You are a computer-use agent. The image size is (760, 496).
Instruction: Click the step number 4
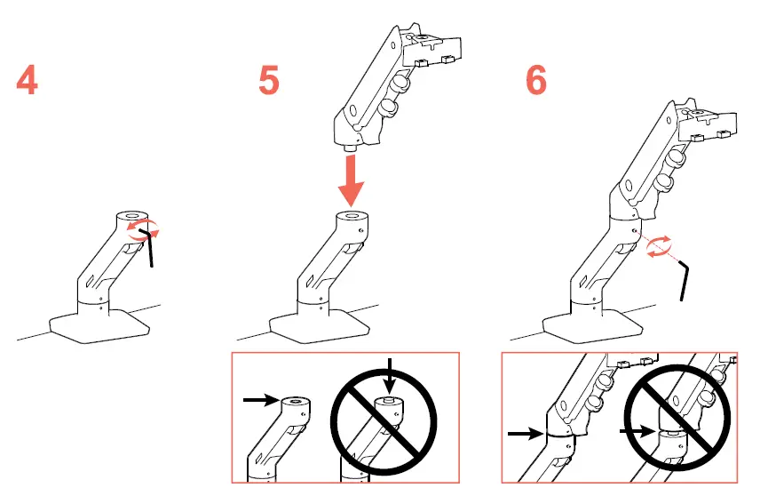click(28, 81)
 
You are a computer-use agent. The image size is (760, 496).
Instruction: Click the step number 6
click(535, 81)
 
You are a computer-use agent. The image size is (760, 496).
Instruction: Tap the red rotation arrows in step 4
click(140, 231)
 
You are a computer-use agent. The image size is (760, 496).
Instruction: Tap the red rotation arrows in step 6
click(658, 246)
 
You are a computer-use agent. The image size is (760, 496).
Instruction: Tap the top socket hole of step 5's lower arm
click(352, 216)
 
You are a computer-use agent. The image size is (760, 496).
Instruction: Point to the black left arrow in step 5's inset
click(258, 401)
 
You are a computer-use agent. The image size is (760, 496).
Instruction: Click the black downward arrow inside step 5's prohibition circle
click(388, 371)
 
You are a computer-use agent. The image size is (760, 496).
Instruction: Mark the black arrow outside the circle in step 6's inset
click(524, 435)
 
